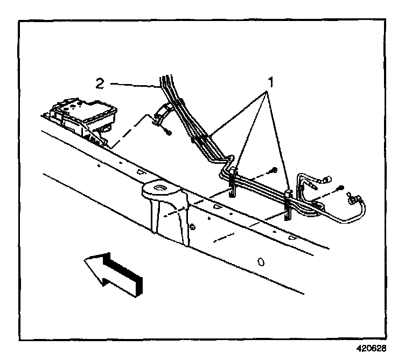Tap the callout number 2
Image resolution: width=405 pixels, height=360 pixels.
point(100,84)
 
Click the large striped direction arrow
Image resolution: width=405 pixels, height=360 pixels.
point(114,273)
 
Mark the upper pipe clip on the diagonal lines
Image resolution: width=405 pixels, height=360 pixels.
point(200,141)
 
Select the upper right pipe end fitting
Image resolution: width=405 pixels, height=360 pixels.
point(326,182)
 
